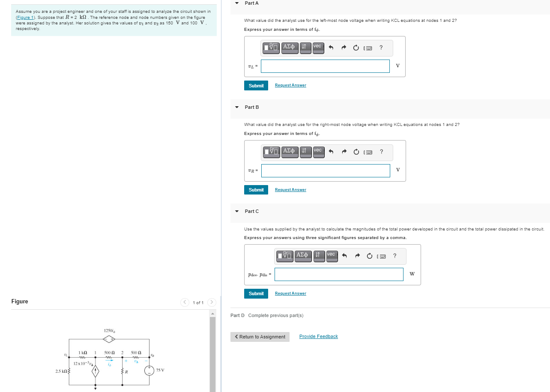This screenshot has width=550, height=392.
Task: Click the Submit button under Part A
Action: pyautogui.click(x=256, y=86)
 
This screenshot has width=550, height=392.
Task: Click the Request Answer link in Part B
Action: pyautogui.click(x=290, y=190)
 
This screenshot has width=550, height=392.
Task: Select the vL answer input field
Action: pyautogui.click(x=325, y=66)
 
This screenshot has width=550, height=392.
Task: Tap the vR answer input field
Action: pyautogui.click(x=326, y=171)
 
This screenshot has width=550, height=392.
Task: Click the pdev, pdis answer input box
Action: pyautogui.click(x=339, y=275)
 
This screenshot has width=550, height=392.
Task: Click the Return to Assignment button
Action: pyautogui.click(x=260, y=337)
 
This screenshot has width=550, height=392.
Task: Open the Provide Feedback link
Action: pyautogui.click(x=318, y=337)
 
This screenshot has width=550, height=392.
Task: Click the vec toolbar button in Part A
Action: pyautogui.click(x=318, y=47)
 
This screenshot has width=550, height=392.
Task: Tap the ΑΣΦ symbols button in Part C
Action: pyautogui.click(x=302, y=256)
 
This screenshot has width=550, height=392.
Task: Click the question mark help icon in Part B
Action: pyautogui.click(x=381, y=152)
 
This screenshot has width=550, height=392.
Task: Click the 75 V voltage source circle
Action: pyautogui.click(x=149, y=370)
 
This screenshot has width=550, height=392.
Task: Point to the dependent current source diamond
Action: pyautogui.click(x=96, y=371)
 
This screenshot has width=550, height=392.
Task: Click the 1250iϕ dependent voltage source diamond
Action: pyautogui.click(x=111, y=339)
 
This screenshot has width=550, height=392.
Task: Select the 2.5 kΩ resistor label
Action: pyautogui.click(x=60, y=371)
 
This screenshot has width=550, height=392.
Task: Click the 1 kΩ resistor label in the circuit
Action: pyautogui.click(x=83, y=353)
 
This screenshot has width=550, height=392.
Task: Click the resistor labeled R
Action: pyautogui.click(x=123, y=371)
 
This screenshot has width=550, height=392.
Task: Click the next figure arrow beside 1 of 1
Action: pyautogui.click(x=212, y=302)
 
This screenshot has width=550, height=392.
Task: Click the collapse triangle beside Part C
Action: pyautogui.click(x=237, y=211)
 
